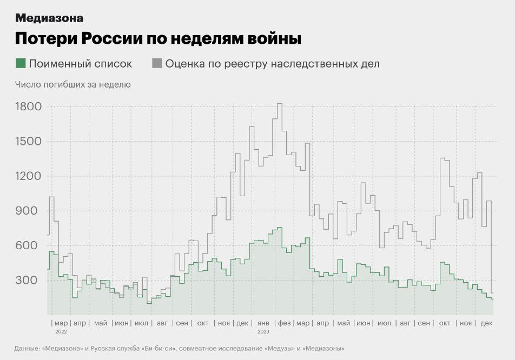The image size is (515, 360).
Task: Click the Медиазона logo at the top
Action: point(49,18)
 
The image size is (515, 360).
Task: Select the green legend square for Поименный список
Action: point(21,63)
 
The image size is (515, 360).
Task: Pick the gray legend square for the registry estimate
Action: point(157,63)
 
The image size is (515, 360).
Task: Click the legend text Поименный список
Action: point(80,63)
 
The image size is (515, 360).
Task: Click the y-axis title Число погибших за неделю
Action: point(72,84)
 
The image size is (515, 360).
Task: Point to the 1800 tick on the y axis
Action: point(28,106)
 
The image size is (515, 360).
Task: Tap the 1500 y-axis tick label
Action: point(28,141)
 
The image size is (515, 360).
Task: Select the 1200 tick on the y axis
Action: point(28,176)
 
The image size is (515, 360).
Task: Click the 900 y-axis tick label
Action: point(31,211)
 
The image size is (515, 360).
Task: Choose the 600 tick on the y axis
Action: point(31,245)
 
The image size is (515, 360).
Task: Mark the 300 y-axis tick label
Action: point(31,280)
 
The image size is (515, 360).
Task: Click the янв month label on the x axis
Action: point(264,323)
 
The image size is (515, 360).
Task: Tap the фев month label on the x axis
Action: point(284,323)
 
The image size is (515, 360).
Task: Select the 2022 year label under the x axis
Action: point(61,331)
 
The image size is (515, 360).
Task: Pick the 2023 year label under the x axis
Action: point(263,331)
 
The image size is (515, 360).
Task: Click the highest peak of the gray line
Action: point(280,104)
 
